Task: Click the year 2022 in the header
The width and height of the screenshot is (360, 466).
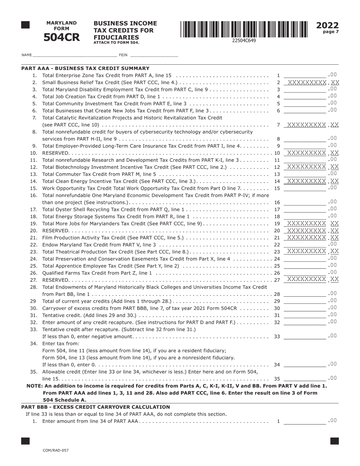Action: click(327, 25)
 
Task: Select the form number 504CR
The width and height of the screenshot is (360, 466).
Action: click(61, 38)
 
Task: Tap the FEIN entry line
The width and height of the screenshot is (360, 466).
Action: click(153, 55)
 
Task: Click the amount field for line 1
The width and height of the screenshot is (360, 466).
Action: click(304, 75)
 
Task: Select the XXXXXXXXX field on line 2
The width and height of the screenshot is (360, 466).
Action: click(307, 82)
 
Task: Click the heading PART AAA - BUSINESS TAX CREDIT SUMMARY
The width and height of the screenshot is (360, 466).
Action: click(85, 68)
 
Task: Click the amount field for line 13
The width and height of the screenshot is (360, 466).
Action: click(304, 174)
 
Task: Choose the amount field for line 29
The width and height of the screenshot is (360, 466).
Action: click(304, 301)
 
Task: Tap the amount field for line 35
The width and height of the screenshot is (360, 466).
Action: click(304, 378)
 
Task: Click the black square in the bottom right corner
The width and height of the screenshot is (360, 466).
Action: click(334, 441)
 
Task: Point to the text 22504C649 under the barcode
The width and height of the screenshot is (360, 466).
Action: click(244, 41)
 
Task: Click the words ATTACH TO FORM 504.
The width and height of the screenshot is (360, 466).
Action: click(116, 43)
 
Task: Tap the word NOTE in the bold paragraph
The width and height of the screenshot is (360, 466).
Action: click(34, 386)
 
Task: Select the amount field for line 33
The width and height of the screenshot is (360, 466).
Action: click(304, 336)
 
